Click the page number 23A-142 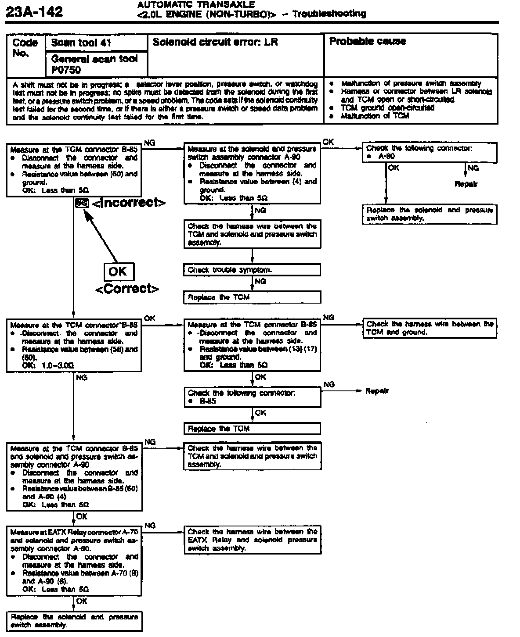[x=35, y=11]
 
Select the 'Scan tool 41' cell [x=81, y=43]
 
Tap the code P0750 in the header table [x=66, y=69]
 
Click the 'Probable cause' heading [x=368, y=41]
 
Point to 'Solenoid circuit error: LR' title [x=215, y=42]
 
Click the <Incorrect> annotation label [x=129, y=203]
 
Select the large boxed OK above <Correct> [x=118, y=272]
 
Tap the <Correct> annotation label [x=127, y=289]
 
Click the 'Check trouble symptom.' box [x=252, y=270]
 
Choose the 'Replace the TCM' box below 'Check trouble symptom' [x=252, y=297]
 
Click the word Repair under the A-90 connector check [x=466, y=184]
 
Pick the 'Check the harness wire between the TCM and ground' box [x=430, y=328]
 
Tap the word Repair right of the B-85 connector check [x=377, y=391]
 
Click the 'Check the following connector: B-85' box [x=252, y=397]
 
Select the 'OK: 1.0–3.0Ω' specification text [x=48, y=365]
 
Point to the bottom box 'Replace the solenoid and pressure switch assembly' [x=74, y=621]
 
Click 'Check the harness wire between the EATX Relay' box [x=252, y=540]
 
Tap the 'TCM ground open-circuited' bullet [x=388, y=107]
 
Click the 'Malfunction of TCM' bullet [x=375, y=116]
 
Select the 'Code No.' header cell [x=25, y=48]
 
